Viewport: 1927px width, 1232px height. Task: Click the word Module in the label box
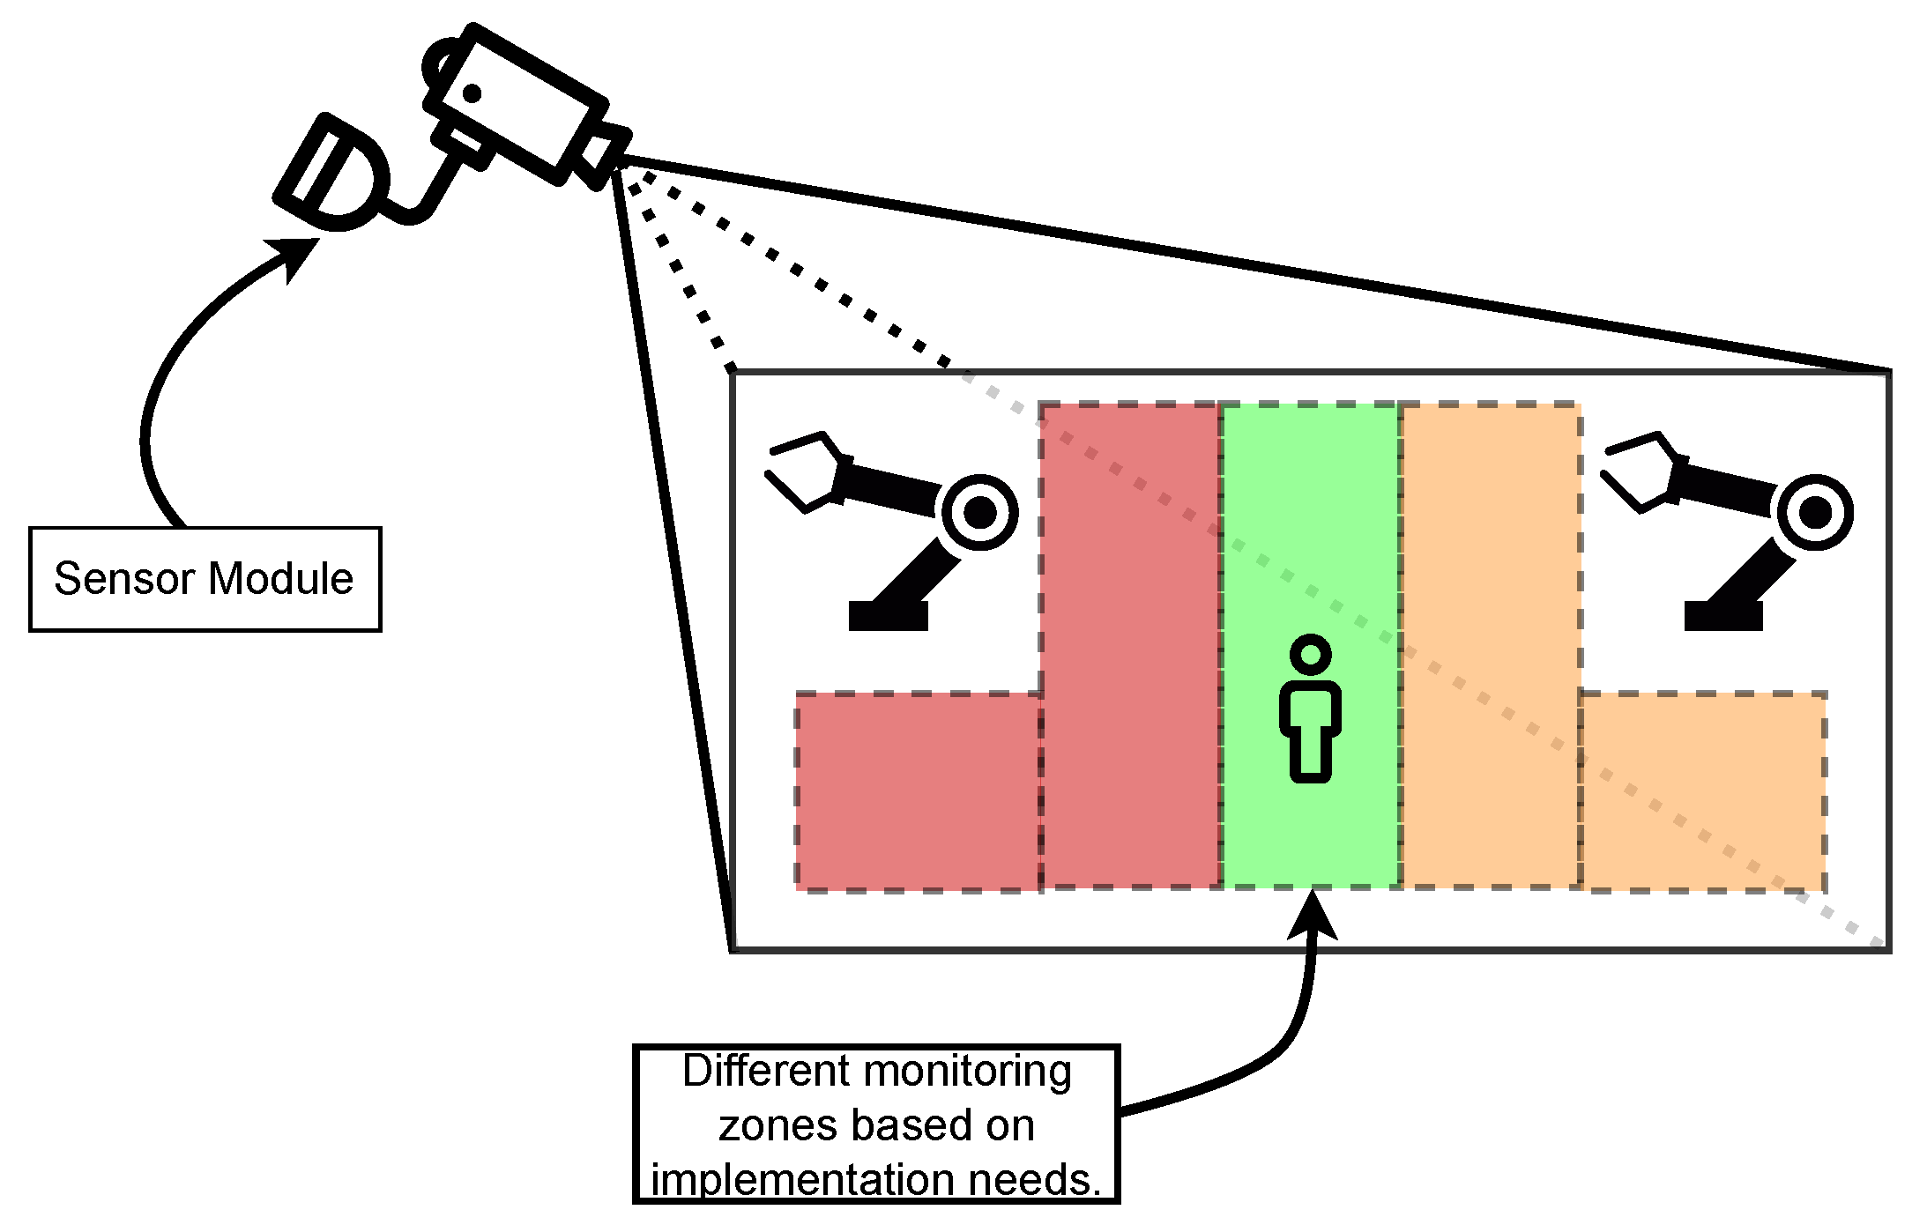280,579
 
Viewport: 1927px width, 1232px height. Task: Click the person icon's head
1310,655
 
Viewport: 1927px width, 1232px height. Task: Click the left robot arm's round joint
979,512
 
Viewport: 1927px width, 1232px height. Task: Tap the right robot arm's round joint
1815,512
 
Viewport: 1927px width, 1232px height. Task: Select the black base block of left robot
888,615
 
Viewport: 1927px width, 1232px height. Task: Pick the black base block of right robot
1722,615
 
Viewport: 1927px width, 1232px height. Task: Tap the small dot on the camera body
472,93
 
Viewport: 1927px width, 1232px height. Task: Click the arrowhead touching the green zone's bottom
1313,915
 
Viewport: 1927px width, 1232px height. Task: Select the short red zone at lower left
917,791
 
